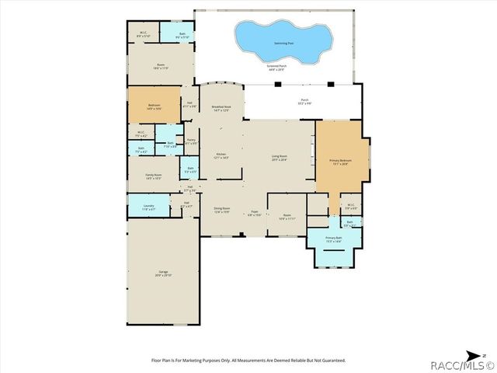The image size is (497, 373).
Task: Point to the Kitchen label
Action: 221,155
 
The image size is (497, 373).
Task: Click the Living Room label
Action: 280,158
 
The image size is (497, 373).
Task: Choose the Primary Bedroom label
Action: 340,161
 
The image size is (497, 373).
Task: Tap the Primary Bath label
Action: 334,239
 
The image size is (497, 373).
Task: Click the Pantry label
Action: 191,141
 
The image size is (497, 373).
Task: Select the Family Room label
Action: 153,176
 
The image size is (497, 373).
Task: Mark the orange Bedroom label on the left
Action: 154,109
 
